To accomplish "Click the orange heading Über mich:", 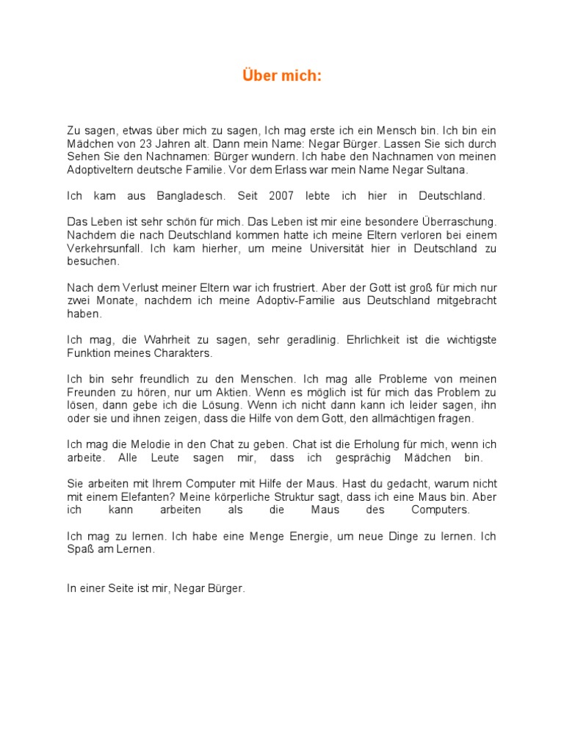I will (x=282, y=76).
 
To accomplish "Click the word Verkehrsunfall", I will (x=105, y=248).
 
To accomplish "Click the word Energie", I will (x=292, y=536).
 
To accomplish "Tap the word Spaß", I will (x=79, y=549).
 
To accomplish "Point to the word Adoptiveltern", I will (x=102, y=170).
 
